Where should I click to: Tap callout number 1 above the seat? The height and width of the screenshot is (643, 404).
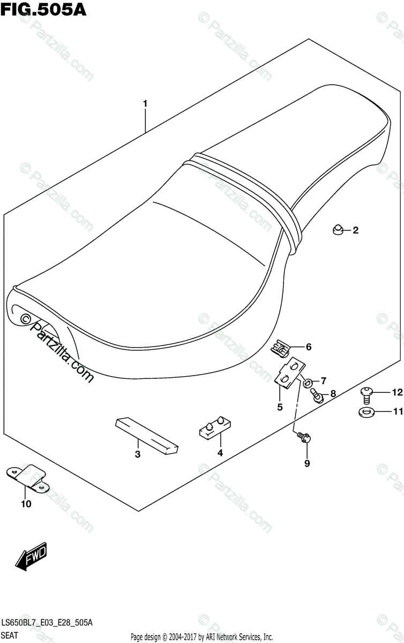(x=145, y=103)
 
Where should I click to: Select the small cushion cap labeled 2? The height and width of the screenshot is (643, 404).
(x=338, y=230)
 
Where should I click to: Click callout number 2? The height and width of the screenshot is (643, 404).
(x=355, y=230)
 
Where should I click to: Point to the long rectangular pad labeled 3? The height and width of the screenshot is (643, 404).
(x=147, y=436)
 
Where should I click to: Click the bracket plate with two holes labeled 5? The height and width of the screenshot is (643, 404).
(x=290, y=372)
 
